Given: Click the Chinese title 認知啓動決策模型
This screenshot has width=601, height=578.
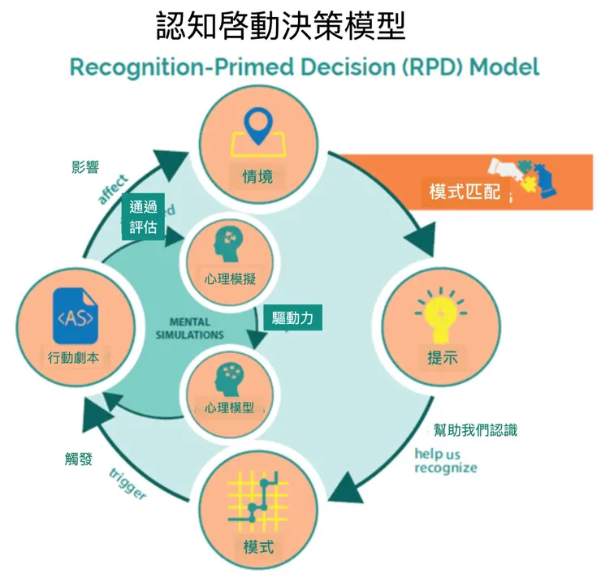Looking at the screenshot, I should (280, 26).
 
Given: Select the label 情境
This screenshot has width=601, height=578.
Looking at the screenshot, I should (257, 176).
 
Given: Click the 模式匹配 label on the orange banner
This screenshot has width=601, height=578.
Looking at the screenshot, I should (465, 192).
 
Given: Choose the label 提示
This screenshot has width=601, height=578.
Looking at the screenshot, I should (443, 358).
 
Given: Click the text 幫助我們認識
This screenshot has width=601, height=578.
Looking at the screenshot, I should (475, 430).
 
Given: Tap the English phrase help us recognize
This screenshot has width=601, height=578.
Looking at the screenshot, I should (446, 460).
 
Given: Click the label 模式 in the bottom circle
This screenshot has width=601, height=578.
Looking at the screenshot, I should (258, 546).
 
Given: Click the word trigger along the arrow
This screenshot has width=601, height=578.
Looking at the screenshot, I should (128, 485).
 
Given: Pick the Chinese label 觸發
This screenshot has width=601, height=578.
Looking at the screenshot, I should (79, 459).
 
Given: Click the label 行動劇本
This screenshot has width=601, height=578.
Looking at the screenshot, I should (74, 357).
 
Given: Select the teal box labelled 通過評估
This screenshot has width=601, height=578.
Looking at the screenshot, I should (143, 217).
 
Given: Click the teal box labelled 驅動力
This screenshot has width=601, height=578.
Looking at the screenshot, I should (292, 318).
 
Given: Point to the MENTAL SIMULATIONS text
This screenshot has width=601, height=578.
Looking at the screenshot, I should (190, 328).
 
